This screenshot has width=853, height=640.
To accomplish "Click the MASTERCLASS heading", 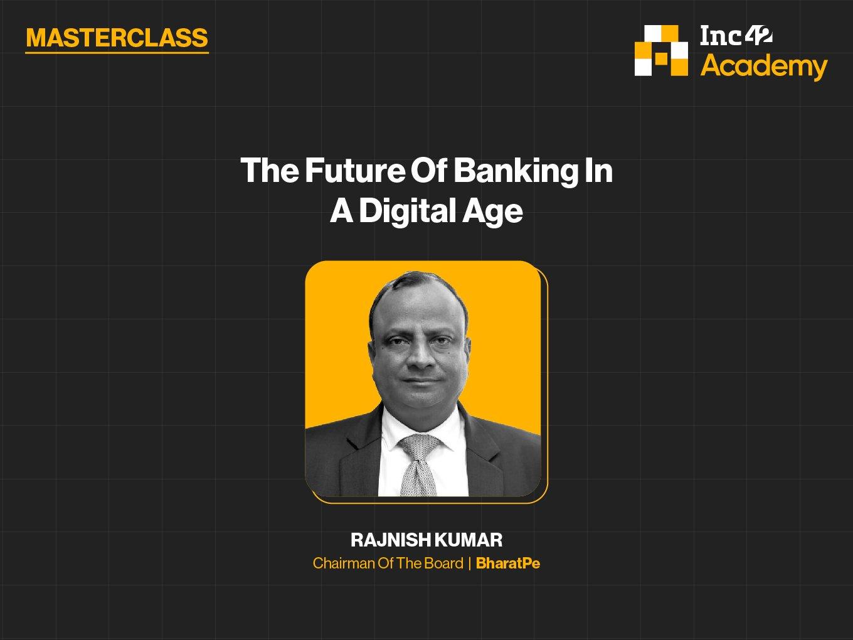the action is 117,38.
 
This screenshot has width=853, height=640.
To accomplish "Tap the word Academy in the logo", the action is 764,67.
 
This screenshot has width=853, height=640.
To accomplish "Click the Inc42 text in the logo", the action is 736,36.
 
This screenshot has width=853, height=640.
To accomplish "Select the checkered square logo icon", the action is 661,51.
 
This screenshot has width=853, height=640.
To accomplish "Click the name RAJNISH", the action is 390,540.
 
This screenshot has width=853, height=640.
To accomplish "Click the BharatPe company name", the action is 508,563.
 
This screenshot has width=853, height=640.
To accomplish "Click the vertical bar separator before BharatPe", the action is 470,563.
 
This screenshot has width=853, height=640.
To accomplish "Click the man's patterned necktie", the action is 418,465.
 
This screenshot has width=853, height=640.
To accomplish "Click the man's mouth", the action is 421,380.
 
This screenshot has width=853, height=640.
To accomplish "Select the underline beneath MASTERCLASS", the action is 117,52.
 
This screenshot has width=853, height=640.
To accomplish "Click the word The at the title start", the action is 270,171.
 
